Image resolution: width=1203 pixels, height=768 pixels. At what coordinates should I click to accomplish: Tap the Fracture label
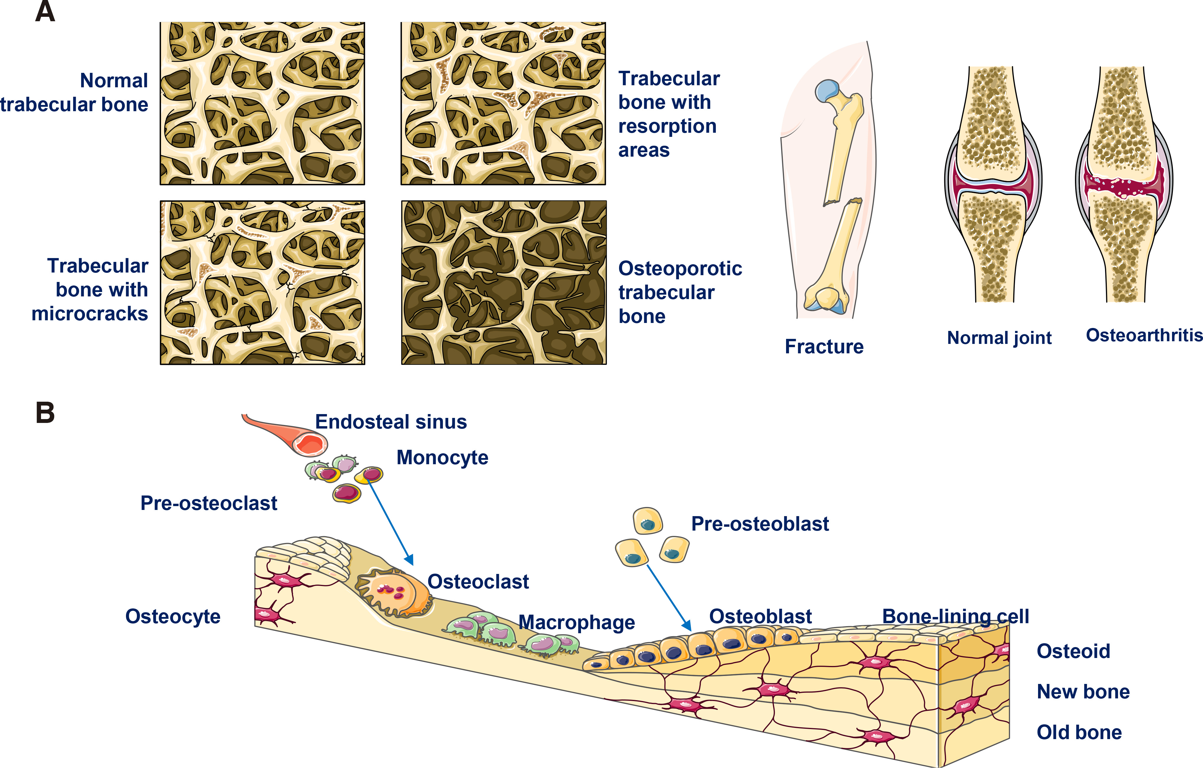click(x=824, y=346)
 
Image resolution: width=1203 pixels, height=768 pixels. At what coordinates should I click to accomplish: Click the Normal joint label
click(x=999, y=338)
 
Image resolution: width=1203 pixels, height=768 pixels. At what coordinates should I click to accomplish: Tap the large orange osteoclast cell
click(x=392, y=593)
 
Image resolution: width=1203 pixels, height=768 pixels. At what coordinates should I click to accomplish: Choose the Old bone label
click(x=1079, y=732)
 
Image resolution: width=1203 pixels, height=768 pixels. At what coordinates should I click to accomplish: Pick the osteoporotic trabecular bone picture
click(x=504, y=283)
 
